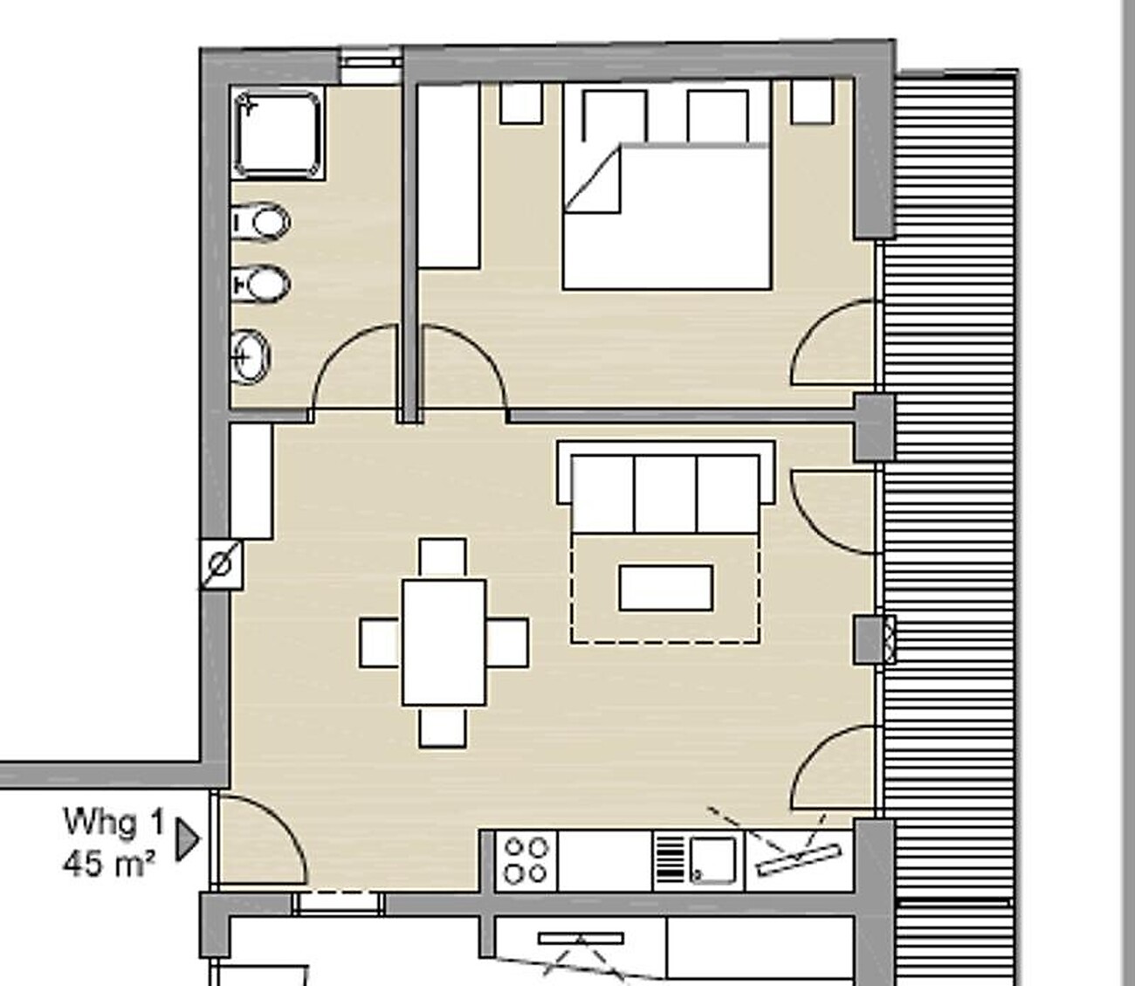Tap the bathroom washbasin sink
(251, 356)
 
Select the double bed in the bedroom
(667, 188)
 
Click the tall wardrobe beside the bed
(448, 176)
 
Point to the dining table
(444, 643)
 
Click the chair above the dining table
(443, 559)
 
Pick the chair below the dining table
(443, 727)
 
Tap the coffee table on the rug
(665, 588)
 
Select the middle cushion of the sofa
(665, 493)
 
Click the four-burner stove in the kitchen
(526, 860)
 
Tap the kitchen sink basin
(712, 860)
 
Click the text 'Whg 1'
(115, 823)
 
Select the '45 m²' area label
(109, 864)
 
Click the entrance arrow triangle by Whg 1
(187, 840)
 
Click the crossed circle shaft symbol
(221, 564)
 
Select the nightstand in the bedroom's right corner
(813, 101)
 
